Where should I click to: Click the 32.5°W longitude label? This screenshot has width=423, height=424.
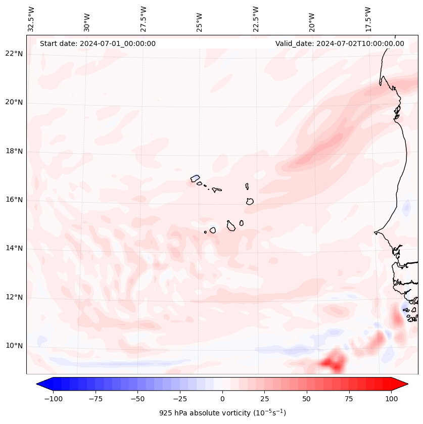point(31,19)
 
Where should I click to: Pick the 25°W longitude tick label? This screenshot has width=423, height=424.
point(200,19)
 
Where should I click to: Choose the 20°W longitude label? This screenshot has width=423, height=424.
point(312,19)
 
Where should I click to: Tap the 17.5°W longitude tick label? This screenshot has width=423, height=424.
point(368,19)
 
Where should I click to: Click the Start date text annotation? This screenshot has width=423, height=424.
point(98,43)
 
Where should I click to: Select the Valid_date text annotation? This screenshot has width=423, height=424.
point(340,43)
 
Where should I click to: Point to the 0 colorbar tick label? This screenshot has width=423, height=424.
point(222,399)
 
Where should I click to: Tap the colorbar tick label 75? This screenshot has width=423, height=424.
point(349,399)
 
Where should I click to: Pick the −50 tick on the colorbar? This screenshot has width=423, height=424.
point(138,399)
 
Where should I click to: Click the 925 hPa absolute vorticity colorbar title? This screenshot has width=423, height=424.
point(222,413)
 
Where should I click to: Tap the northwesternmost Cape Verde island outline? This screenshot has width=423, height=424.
point(195,178)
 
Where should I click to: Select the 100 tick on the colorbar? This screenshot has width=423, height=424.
point(391,399)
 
